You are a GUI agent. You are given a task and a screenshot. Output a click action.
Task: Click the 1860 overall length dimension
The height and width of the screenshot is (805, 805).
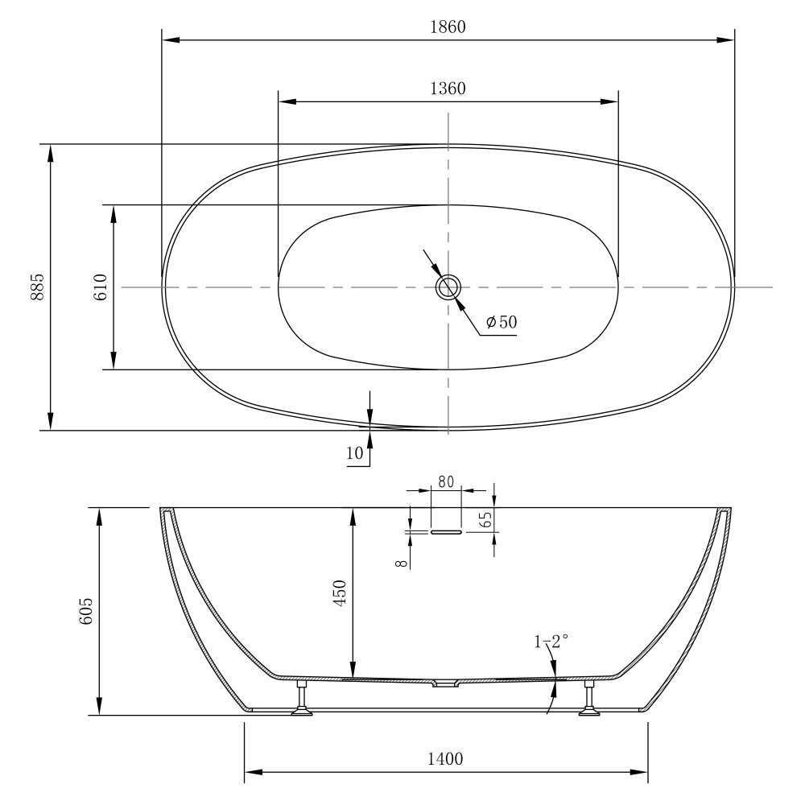pos(448,27)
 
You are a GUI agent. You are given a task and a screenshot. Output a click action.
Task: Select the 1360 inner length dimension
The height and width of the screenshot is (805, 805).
pos(448,89)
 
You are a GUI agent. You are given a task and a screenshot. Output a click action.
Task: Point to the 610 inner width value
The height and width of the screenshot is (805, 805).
pos(101,287)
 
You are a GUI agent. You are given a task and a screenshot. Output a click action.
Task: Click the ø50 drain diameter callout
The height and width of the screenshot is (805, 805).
pos(502,322)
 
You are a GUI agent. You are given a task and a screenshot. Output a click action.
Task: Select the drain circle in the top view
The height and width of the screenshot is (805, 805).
pos(448,287)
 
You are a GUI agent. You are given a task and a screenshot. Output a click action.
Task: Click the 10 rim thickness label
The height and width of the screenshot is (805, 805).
pos(355,453)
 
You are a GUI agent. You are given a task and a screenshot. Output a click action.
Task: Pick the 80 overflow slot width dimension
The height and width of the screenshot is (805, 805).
pos(446,481)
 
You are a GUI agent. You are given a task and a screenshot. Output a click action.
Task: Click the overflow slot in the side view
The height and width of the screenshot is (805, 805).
pos(446,532)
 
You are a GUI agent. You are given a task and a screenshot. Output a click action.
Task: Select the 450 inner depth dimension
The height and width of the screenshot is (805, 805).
pos(340,593)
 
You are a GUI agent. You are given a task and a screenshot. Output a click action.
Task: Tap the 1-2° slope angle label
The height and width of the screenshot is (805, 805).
pos(551,642)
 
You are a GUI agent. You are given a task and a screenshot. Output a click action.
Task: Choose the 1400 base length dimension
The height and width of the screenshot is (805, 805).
pos(446,758)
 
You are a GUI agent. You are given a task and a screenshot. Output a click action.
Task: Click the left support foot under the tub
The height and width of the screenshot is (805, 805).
pos(303,698)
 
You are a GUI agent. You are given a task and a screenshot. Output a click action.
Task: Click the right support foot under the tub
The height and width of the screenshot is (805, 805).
pos(589,698)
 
